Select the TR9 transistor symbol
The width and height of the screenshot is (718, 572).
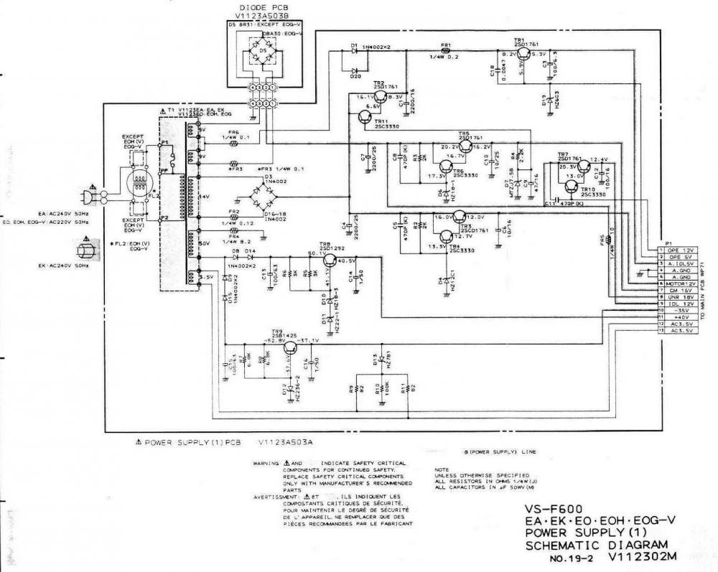tap(290, 348)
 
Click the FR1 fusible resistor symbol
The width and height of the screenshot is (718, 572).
tap(445, 52)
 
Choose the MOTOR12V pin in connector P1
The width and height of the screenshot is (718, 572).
tap(679, 283)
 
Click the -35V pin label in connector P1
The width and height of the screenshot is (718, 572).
tap(679, 311)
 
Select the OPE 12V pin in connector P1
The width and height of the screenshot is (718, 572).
tap(679, 250)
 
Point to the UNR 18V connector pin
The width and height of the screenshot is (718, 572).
tap(679, 297)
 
